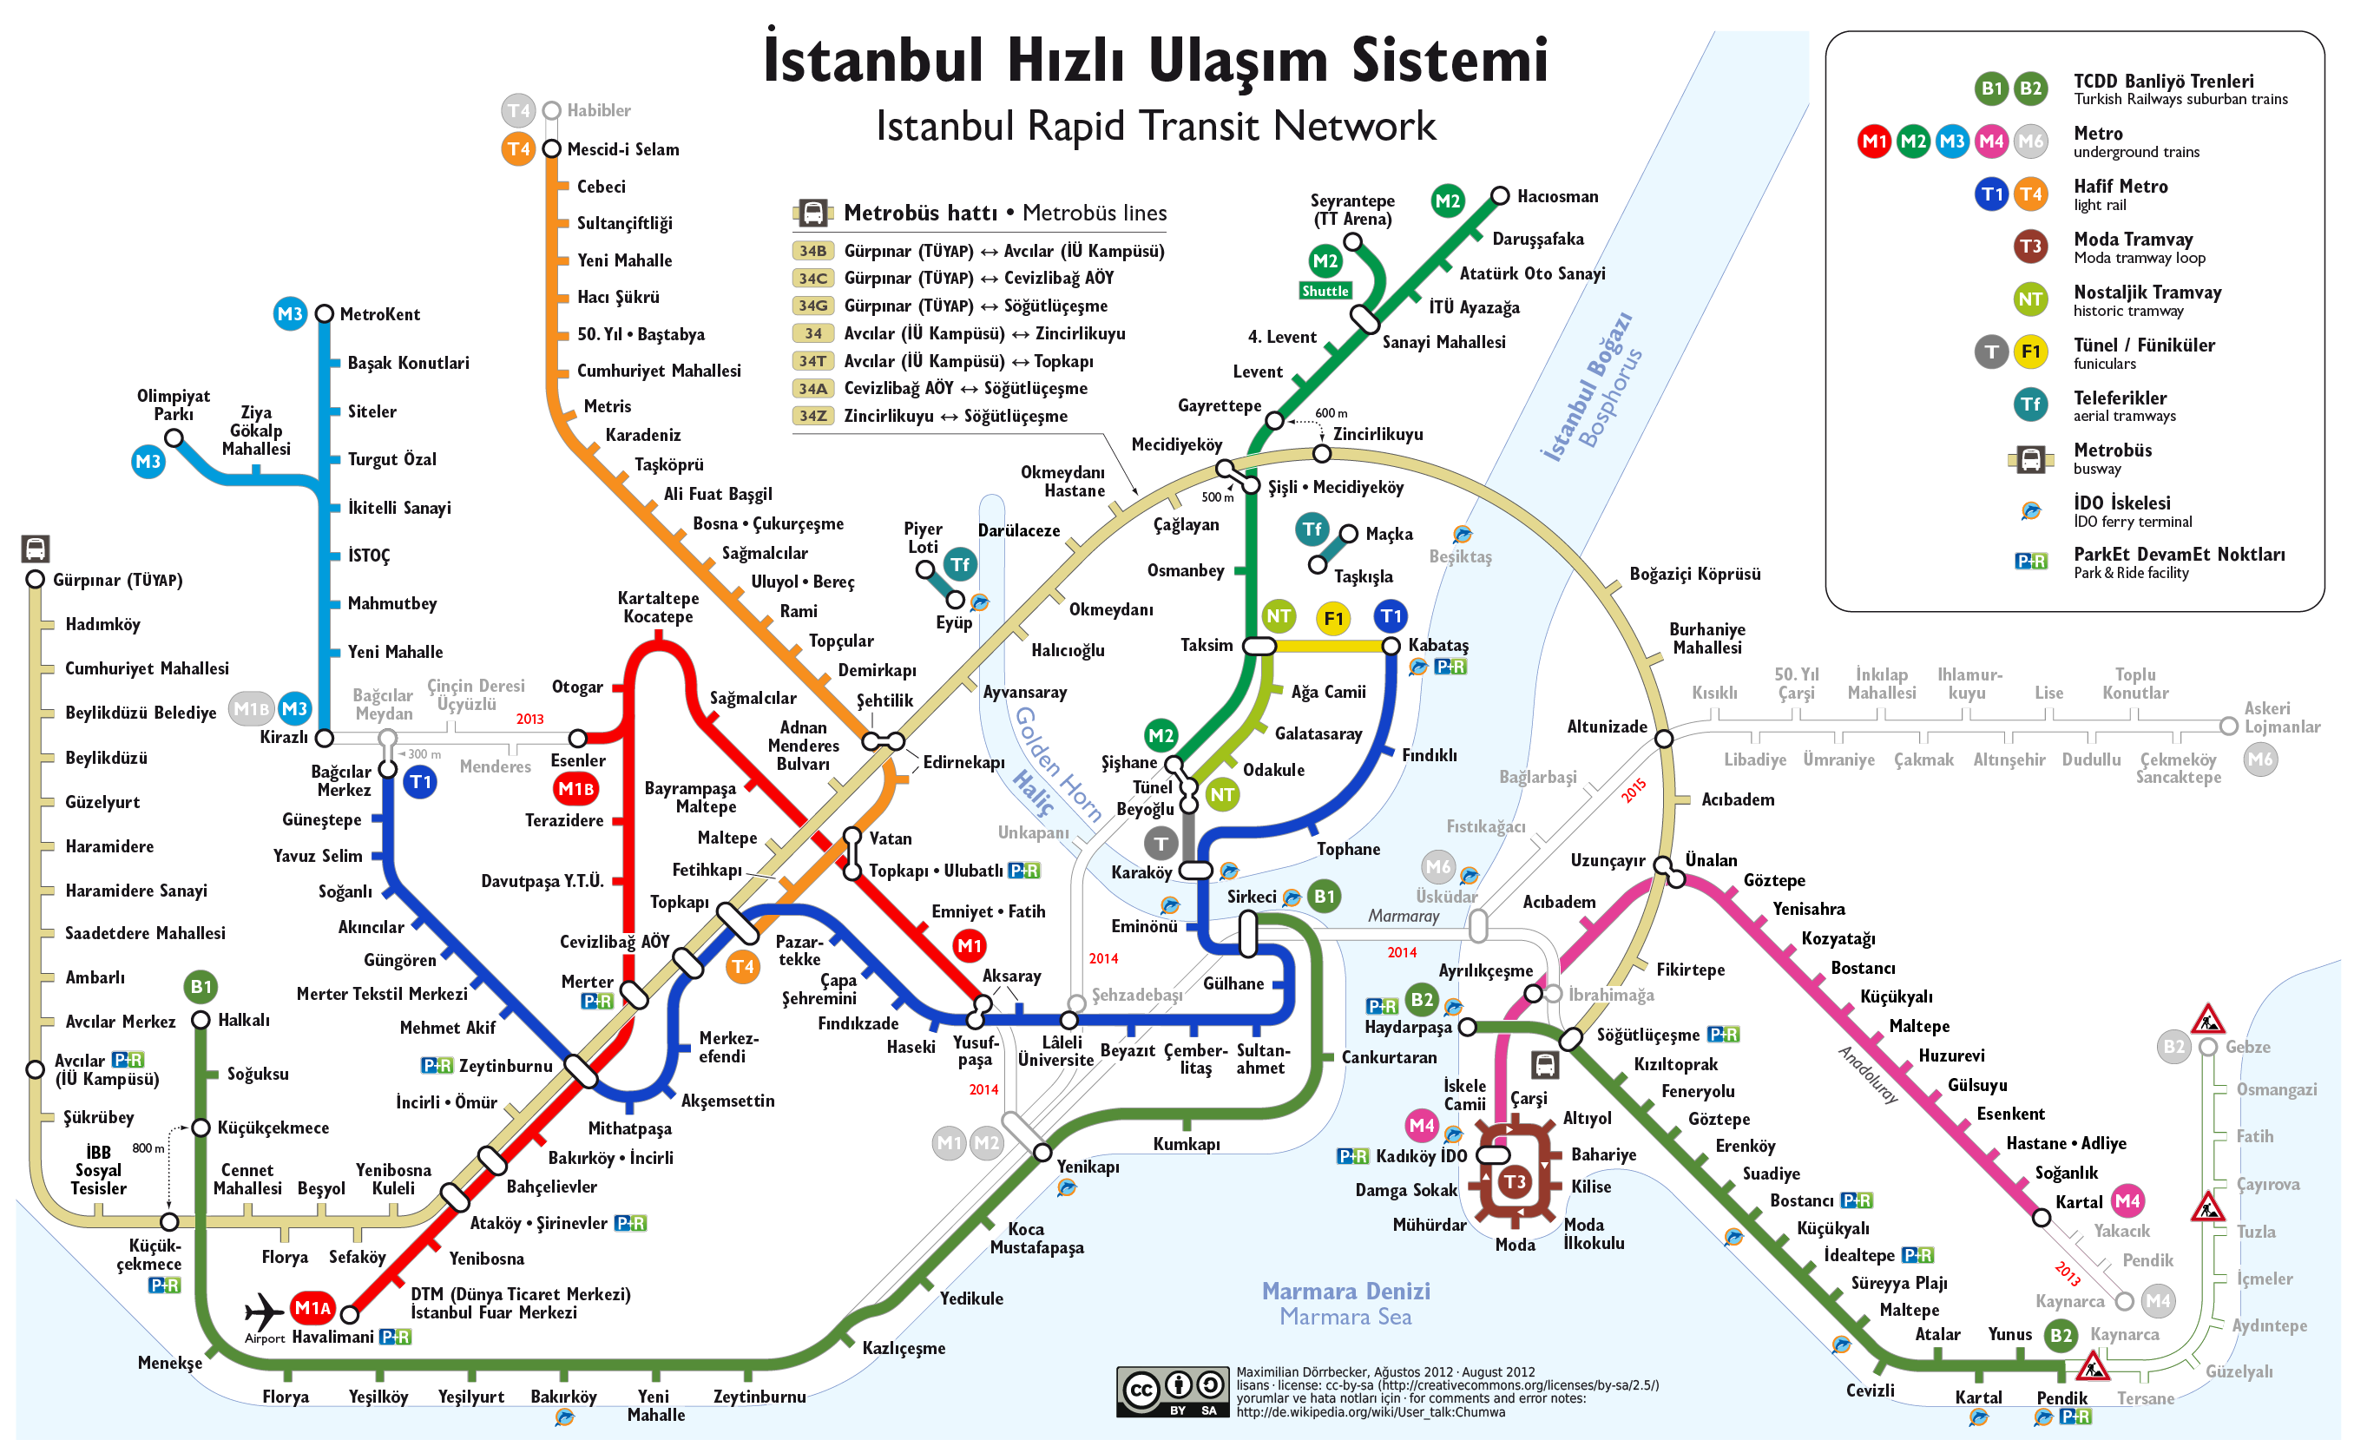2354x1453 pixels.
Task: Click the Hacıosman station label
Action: pos(1557,197)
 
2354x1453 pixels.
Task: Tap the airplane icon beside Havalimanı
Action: pos(263,1311)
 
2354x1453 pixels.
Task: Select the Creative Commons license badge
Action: pos(1172,1391)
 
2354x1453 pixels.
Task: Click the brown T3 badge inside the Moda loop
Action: pos(1515,1182)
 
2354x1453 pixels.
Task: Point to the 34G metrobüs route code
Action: pos(812,306)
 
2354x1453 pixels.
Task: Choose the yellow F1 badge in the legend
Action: pos(2030,352)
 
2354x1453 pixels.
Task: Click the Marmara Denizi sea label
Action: pos(1345,1291)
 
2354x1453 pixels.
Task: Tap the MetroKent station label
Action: pos(379,314)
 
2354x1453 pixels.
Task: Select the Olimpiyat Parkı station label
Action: pos(173,404)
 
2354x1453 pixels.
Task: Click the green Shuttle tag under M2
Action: pos(1325,291)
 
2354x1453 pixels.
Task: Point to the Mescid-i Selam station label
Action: pos(622,149)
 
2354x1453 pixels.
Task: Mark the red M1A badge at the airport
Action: pos(312,1308)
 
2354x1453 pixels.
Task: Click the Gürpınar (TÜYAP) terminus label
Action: pos(117,581)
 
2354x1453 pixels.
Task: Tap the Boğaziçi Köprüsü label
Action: pos(1695,574)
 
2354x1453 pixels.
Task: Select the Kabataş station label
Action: pos(1437,645)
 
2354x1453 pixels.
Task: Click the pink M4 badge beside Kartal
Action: pos(2127,1201)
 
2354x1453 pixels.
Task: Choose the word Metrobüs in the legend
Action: pos(2112,450)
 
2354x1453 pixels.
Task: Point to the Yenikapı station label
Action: pos(1088,1167)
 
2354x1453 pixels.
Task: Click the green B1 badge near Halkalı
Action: pos(201,986)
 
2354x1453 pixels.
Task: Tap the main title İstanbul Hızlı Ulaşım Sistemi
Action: pos(1156,60)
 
